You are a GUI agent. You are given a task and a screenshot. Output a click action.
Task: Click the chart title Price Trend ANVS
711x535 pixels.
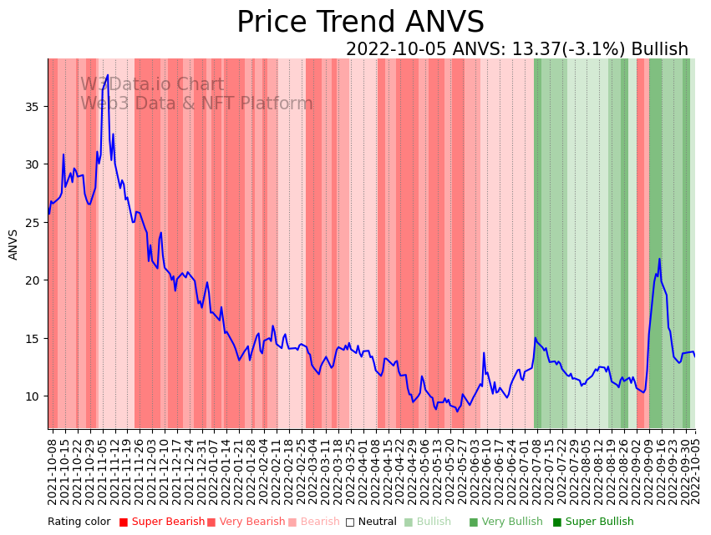(x=360, y=23)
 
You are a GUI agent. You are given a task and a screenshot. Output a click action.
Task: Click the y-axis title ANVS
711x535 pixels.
(x=13, y=245)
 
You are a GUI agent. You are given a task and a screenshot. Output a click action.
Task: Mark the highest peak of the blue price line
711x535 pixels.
(x=107, y=75)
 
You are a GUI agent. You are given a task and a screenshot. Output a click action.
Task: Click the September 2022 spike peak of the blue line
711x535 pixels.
(x=659, y=259)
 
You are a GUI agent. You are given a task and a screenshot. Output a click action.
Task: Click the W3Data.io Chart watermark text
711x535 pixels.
(x=152, y=84)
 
